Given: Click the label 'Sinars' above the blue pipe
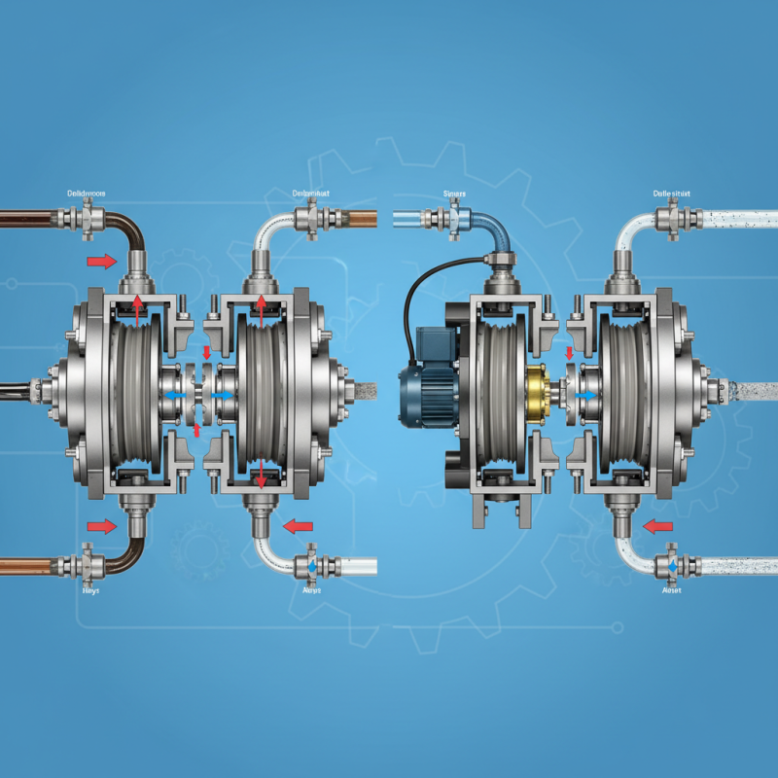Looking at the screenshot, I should (x=455, y=194).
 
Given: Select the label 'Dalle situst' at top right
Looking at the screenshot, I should (x=671, y=194).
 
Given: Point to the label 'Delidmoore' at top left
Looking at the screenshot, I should (x=88, y=194).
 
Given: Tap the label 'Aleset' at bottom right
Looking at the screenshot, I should (x=672, y=589).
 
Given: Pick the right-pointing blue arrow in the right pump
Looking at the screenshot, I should (x=585, y=396).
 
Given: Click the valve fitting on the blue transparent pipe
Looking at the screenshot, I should (x=453, y=221).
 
